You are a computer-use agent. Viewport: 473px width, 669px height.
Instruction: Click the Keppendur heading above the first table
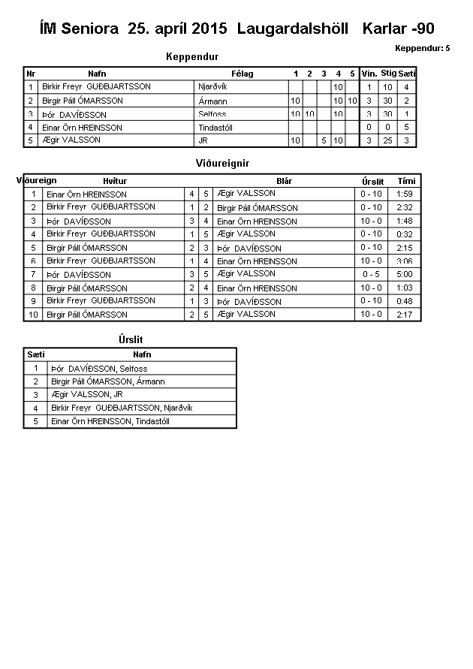click(x=191, y=56)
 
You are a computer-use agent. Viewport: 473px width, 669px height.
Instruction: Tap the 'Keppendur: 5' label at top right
click(x=423, y=48)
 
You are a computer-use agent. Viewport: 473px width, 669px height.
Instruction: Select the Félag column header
click(x=243, y=74)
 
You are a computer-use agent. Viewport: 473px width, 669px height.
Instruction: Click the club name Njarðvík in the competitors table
click(x=212, y=87)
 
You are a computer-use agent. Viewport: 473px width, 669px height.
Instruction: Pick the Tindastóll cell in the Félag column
click(x=215, y=128)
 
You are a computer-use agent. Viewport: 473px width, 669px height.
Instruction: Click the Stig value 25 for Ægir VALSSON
click(x=387, y=140)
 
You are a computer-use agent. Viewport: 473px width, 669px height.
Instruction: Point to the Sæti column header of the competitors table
click(x=406, y=74)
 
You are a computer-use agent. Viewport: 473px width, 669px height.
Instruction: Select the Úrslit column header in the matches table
click(x=372, y=181)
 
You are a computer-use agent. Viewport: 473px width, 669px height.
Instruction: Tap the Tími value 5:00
click(x=406, y=275)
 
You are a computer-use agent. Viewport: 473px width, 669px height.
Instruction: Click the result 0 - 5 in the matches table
click(x=372, y=275)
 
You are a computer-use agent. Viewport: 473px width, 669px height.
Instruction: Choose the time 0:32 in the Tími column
click(x=406, y=234)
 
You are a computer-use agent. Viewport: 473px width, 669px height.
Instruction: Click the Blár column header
click(x=284, y=181)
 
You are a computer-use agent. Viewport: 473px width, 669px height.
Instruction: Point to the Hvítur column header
click(x=115, y=181)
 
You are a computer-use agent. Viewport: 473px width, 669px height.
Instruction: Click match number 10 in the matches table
click(x=33, y=315)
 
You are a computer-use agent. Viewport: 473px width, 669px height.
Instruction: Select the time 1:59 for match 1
click(x=406, y=194)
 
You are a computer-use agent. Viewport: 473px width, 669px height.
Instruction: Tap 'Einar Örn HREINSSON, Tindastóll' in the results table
click(x=110, y=421)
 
